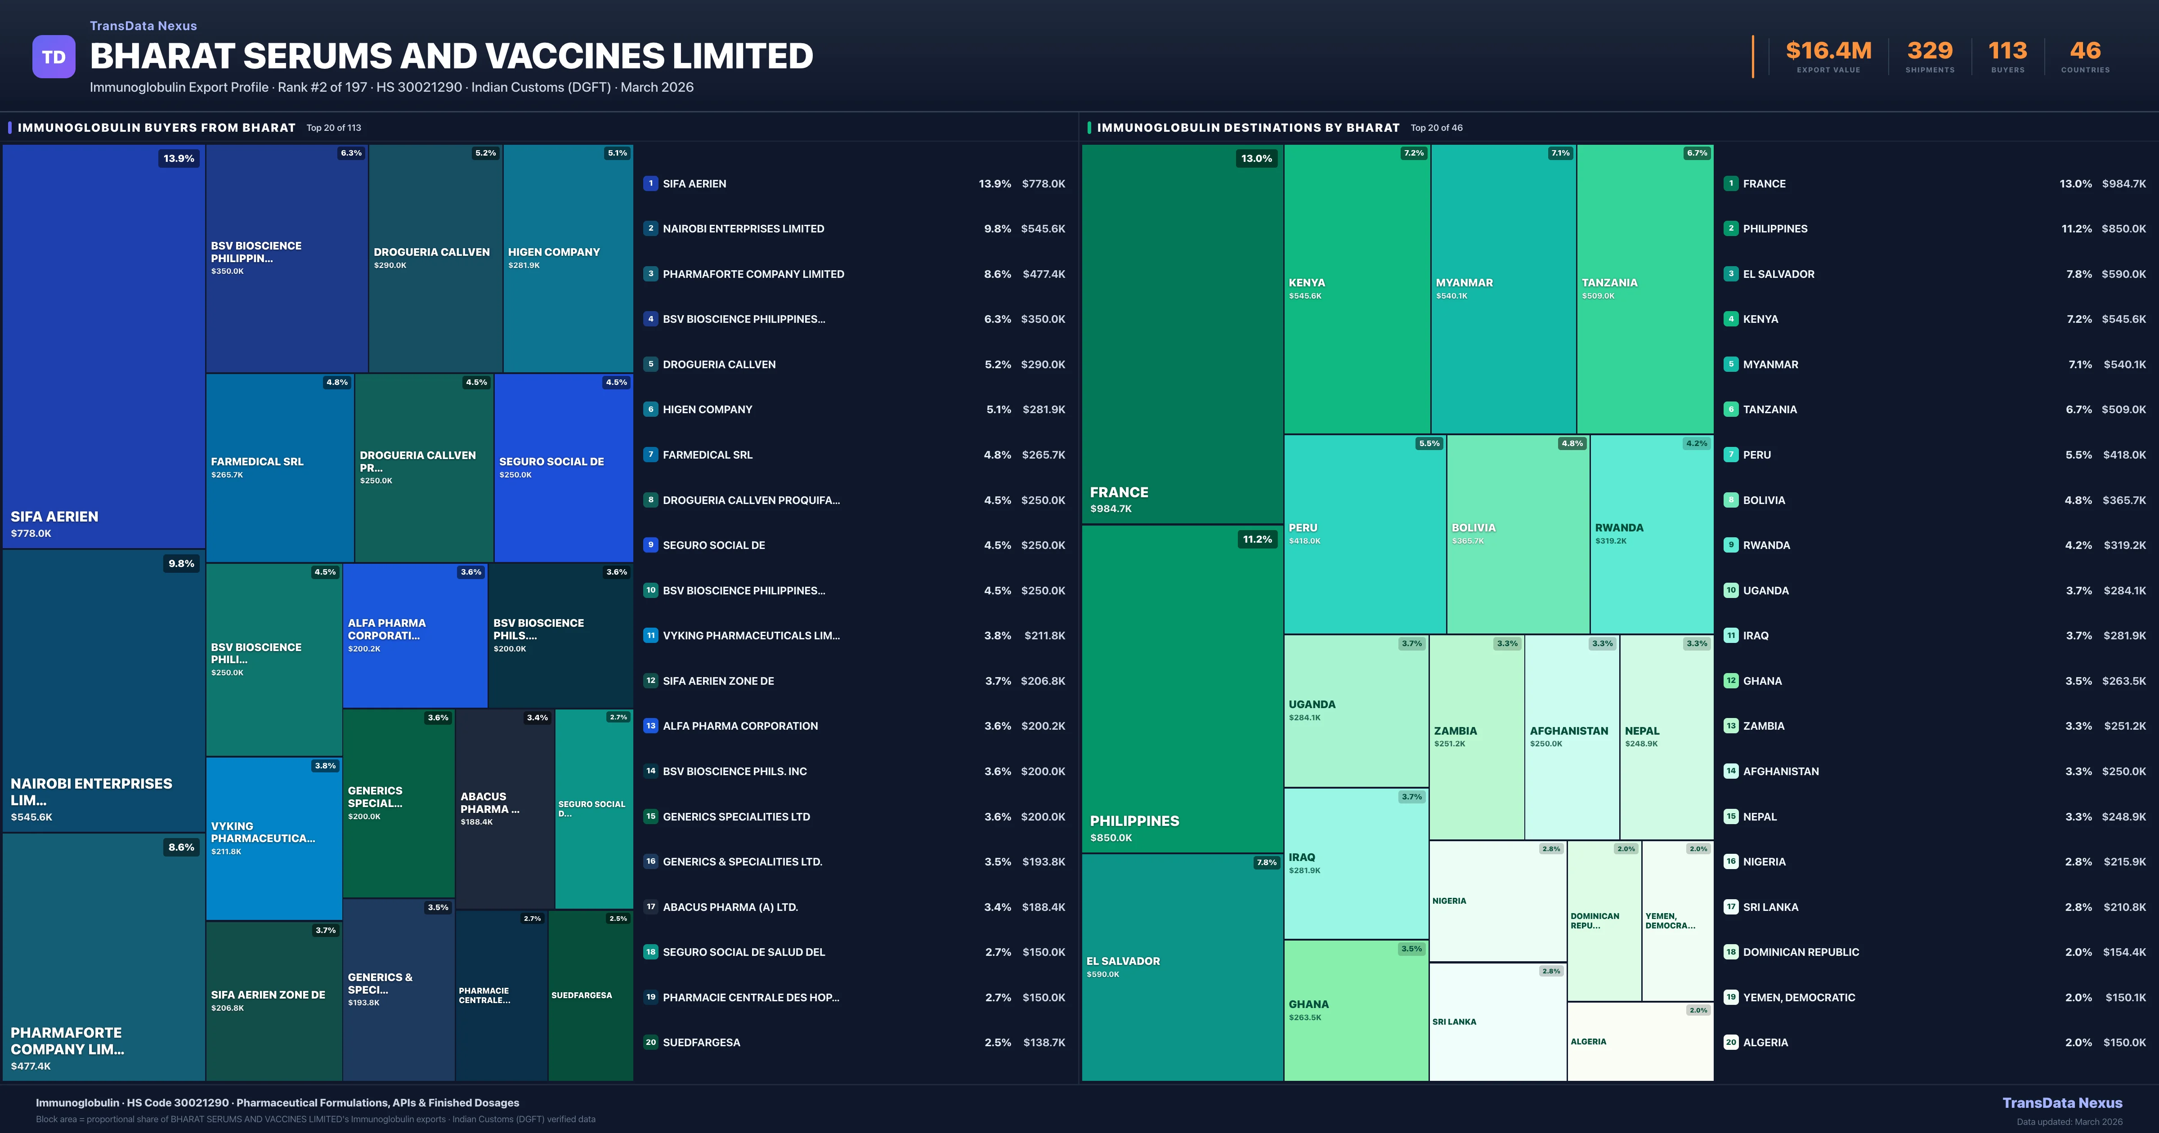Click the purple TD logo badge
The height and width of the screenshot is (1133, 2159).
click(x=54, y=57)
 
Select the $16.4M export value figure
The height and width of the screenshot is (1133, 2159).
click(x=1828, y=51)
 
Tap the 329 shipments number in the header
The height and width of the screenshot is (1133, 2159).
click(x=1929, y=51)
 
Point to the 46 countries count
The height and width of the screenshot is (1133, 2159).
click(x=2085, y=51)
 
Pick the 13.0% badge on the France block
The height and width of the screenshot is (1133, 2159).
click(x=1256, y=158)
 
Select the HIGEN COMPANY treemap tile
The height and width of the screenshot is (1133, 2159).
click(x=567, y=258)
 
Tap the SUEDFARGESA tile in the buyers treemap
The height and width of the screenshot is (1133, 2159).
click(x=590, y=995)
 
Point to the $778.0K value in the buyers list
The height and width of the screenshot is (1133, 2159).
click(x=1044, y=183)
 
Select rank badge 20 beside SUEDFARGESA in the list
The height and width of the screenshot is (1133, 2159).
click(x=650, y=1043)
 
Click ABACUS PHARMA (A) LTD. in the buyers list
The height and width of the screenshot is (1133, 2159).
click(x=730, y=907)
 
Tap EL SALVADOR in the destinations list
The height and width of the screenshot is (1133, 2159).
click(x=1778, y=274)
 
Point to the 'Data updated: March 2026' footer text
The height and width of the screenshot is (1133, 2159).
click(x=2069, y=1121)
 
